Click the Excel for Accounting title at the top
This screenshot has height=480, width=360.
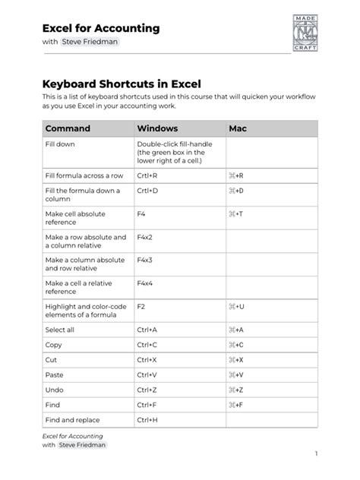click(x=101, y=28)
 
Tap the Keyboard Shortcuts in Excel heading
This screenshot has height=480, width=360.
click(x=122, y=84)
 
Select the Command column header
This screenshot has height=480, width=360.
click(x=68, y=128)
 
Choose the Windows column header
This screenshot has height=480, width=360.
click(x=157, y=128)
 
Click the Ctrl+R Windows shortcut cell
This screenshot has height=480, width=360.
click(x=147, y=175)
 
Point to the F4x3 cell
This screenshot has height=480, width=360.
click(x=145, y=260)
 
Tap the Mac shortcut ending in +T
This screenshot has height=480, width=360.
click(x=235, y=214)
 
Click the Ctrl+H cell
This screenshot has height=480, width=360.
click(x=147, y=419)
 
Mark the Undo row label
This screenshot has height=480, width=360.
click(x=54, y=390)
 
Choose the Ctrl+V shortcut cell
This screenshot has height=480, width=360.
click(x=147, y=374)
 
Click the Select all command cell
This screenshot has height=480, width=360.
click(x=60, y=330)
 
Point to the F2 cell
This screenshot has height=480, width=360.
click(x=141, y=307)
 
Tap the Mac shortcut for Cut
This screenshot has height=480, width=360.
click(x=235, y=359)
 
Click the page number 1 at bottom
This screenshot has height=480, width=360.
click(x=315, y=453)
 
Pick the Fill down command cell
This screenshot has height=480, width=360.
click(x=60, y=144)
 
